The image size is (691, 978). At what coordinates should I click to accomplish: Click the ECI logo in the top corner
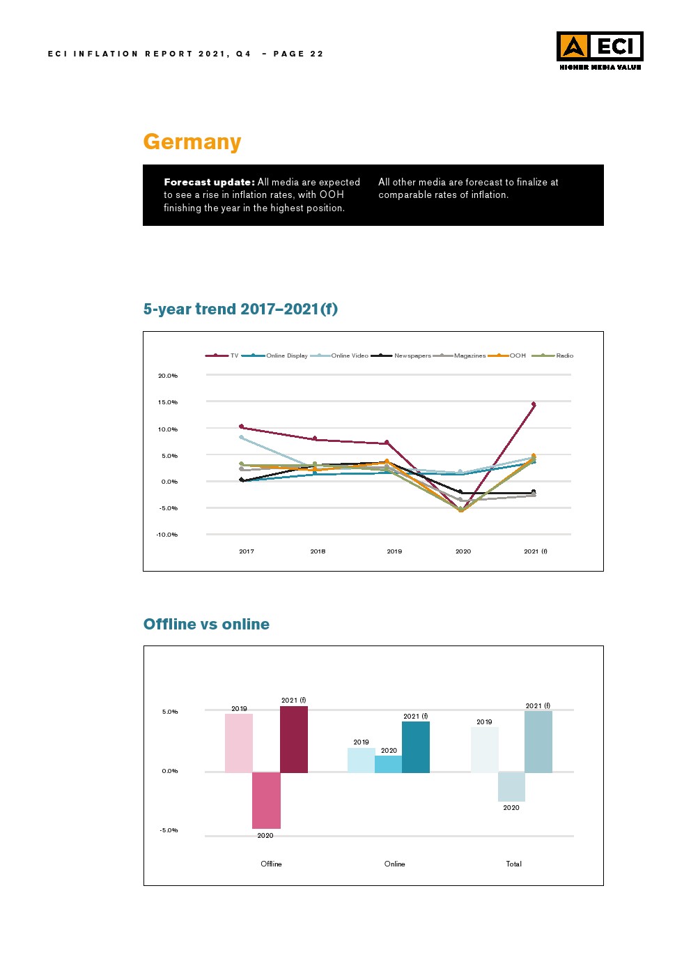coord(599,50)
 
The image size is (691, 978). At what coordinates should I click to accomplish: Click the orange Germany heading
coord(192,142)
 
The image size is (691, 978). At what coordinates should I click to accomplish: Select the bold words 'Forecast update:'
coord(209,182)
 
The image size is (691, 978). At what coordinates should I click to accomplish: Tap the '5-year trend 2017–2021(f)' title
coord(240,309)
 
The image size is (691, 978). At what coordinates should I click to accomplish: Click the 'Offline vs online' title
coord(206,624)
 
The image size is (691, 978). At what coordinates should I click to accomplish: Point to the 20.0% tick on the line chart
coord(168,376)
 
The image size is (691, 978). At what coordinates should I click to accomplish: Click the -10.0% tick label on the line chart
coord(167,535)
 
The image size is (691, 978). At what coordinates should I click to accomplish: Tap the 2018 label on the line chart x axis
coord(318,551)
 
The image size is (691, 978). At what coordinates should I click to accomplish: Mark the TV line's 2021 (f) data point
coord(534,404)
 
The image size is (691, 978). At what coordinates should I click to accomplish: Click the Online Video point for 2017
coord(241,437)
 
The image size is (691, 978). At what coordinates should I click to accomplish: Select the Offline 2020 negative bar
coord(266,800)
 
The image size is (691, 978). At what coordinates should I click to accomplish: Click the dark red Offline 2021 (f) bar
coord(294,739)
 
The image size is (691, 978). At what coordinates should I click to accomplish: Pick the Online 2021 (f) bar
coord(416,747)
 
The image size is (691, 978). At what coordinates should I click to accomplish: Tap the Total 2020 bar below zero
coord(511,786)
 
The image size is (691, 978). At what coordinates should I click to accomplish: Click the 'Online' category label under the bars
coord(394,864)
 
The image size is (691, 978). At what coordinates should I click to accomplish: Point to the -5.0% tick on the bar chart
coord(169,830)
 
